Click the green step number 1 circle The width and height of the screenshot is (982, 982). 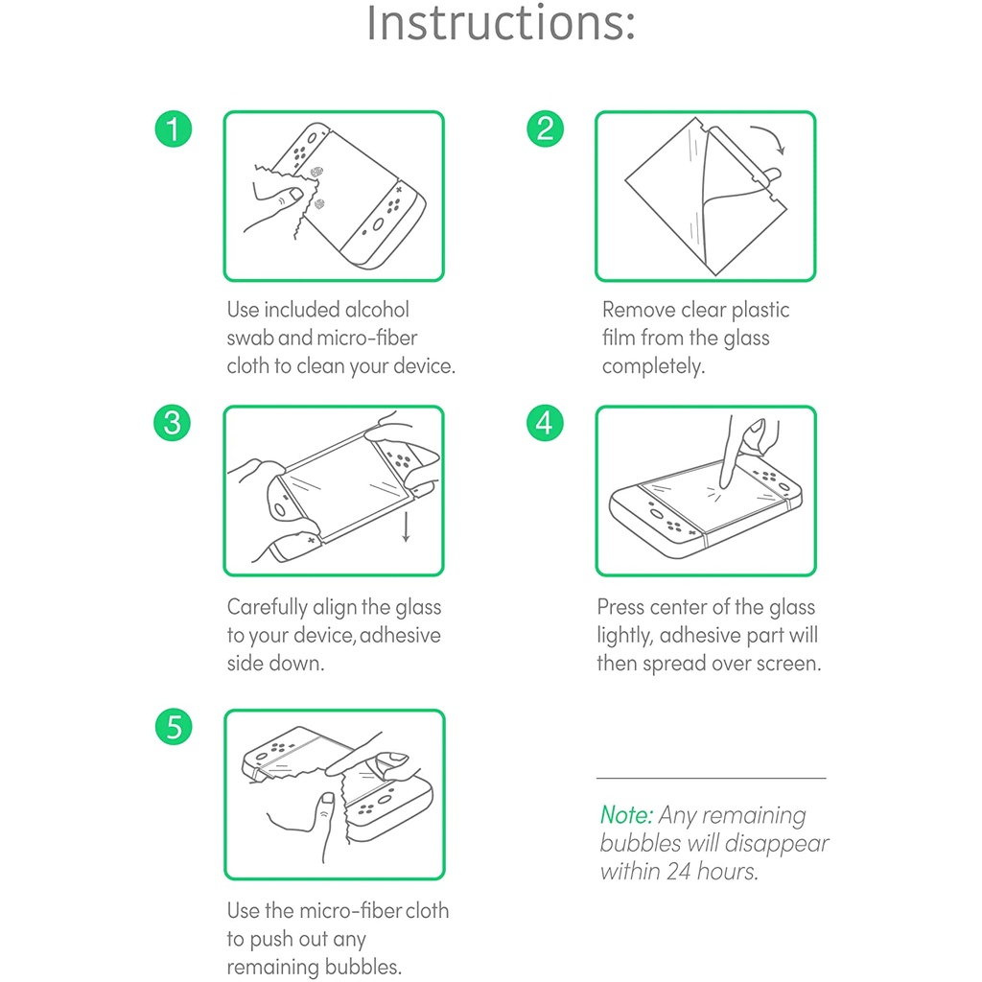pyautogui.click(x=173, y=129)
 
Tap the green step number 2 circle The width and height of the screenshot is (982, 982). pyautogui.click(x=545, y=129)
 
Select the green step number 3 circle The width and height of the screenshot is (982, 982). pyautogui.click(x=173, y=423)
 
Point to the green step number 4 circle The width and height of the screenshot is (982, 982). pyautogui.click(x=545, y=423)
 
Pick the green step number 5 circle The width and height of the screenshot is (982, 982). pyautogui.click(x=174, y=727)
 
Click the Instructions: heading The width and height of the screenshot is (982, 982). pyautogui.click(x=501, y=24)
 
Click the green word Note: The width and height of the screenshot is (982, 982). pyautogui.click(x=626, y=815)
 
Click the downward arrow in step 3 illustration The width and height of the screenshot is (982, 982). pyautogui.click(x=406, y=526)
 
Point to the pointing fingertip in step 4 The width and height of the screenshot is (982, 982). pyautogui.click(x=726, y=483)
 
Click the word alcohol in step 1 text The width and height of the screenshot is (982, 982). pyautogui.click(x=377, y=310)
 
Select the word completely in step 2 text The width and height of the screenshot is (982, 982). pyautogui.click(x=653, y=366)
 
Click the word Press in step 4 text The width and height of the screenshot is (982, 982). pyautogui.click(x=620, y=607)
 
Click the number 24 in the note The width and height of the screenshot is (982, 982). pyautogui.click(x=679, y=871)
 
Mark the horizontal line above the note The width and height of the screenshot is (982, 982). pyautogui.click(x=711, y=778)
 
